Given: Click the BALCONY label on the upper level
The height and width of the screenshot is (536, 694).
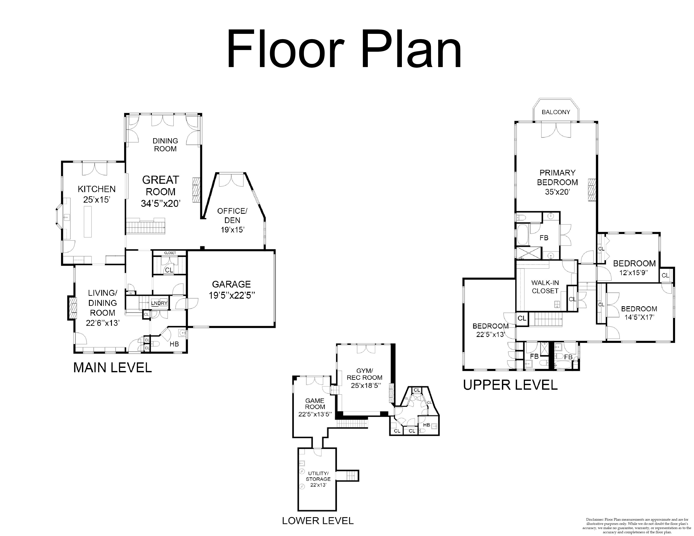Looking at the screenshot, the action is coord(556,112).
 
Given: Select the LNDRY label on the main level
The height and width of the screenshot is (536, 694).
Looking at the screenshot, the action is coord(159,303).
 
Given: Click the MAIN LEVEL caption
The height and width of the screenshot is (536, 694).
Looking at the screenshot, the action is coord(113,368).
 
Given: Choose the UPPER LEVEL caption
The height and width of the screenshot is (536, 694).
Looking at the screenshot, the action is coord(510,385).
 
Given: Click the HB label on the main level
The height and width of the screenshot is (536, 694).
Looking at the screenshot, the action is coord(174,344).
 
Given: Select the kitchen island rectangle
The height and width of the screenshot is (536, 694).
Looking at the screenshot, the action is coord(88,222).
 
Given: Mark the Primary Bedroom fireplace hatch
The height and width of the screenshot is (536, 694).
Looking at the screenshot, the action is coord(591,190).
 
